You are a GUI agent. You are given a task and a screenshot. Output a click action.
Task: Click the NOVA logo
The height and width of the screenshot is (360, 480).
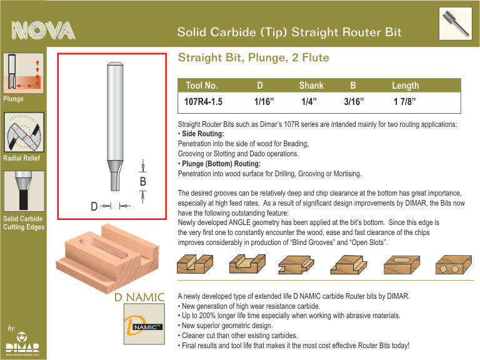click(43, 31)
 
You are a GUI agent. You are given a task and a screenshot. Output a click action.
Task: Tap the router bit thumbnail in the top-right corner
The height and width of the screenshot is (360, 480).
click(456, 24)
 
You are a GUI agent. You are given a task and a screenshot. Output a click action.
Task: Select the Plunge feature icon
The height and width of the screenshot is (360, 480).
click(24, 73)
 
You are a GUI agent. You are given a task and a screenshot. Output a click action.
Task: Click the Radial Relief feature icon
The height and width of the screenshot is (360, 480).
click(24, 132)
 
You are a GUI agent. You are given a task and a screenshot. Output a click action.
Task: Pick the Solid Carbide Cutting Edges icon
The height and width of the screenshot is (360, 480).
click(24, 191)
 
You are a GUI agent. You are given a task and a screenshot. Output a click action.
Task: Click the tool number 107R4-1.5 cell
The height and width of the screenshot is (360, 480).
click(203, 102)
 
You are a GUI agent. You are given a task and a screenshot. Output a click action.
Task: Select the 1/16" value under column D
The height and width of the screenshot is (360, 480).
click(264, 102)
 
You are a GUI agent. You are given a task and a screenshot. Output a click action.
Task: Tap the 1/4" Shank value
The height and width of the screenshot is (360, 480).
click(309, 102)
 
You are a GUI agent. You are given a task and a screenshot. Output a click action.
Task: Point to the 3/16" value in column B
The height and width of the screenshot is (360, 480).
click(354, 102)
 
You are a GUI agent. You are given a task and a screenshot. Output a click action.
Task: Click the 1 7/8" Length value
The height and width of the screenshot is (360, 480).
click(405, 102)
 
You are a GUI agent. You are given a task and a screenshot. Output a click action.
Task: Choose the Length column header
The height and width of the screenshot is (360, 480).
click(405, 86)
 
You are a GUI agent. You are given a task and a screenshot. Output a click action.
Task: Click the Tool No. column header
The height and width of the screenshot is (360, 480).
click(202, 86)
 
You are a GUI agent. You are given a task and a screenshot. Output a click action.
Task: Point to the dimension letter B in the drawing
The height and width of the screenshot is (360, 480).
click(142, 181)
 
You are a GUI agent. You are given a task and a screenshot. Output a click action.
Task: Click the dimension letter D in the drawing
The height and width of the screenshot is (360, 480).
click(94, 206)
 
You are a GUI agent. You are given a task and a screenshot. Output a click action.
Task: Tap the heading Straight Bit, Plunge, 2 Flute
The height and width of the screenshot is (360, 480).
click(254, 57)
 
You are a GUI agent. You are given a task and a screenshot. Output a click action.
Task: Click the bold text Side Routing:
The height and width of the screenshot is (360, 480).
click(203, 134)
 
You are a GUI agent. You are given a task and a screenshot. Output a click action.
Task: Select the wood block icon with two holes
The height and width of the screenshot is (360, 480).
click(453, 265)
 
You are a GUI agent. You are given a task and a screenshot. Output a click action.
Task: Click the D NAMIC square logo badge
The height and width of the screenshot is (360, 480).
click(144, 324)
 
